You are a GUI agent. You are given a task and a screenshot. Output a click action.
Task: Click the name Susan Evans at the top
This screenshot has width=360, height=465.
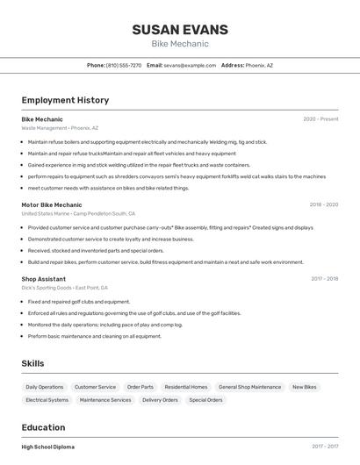point(180,30)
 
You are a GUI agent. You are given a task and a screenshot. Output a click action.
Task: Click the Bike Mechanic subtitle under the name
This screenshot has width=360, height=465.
point(180,44)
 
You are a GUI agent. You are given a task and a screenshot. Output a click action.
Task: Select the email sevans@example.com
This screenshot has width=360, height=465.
point(190,65)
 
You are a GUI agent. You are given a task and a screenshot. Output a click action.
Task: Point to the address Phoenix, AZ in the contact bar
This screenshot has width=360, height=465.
point(259,65)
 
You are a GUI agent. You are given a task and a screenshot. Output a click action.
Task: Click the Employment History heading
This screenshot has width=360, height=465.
point(65,100)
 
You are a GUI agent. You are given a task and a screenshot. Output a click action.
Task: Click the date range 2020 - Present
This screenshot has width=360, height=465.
point(320,119)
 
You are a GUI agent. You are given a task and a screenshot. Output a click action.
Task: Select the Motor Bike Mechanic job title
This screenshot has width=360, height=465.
point(52,204)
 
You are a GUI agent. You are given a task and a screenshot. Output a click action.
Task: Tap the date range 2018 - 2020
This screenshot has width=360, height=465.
point(323,204)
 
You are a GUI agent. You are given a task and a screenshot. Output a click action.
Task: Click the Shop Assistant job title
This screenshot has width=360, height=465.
point(44,279)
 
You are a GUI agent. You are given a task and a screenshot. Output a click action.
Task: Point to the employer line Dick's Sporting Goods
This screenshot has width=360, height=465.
point(53,288)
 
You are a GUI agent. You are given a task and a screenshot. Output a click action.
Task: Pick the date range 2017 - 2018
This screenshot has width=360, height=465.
point(324,279)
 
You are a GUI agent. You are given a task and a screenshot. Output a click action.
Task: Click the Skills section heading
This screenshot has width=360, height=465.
point(32,363)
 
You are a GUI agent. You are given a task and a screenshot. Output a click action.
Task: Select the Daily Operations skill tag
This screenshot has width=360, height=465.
point(45,387)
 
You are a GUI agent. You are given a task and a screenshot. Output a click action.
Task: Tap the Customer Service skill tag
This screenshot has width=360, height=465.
point(95,387)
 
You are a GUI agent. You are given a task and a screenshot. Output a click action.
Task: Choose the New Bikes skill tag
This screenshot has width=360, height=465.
point(304,387)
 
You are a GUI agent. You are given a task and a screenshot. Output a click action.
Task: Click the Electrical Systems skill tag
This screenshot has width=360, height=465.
point(47,400)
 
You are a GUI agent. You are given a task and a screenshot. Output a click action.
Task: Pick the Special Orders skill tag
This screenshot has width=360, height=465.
point(205,400)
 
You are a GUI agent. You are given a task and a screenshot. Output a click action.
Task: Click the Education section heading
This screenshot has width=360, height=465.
point(44,427)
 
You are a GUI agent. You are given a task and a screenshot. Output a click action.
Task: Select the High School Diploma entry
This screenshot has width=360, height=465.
point(48,447)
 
